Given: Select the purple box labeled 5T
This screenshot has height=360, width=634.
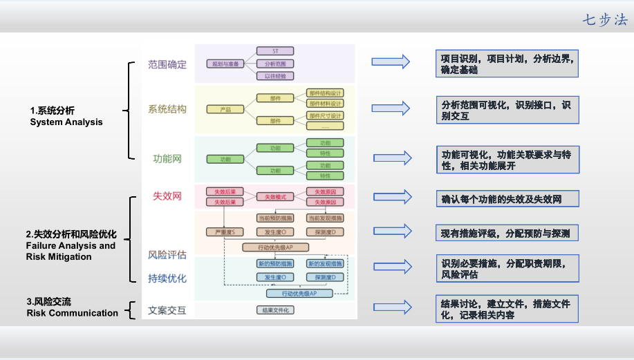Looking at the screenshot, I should click(x=275, y=51).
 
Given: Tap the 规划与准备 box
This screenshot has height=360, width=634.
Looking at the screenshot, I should click(x=225, y=64).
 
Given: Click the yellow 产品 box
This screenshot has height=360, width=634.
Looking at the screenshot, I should click(x=225, y=109).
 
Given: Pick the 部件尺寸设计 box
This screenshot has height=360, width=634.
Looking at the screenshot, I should click(x=325, y=115).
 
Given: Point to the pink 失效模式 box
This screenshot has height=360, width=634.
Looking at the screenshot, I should click(x=275, y=197).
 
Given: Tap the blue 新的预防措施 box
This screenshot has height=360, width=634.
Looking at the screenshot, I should click(x=275, y=264).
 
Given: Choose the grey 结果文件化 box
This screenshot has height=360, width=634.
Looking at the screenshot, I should click(x=275, y=310).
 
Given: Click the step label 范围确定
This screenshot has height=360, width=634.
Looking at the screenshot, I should click(x=167, y=64).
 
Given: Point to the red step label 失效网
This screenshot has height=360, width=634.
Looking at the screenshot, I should click(x=167, y=196).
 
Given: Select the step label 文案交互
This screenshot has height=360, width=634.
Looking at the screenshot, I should click(x=167, y=310).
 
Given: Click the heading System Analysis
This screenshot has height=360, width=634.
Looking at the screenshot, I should click(x=66, y=122).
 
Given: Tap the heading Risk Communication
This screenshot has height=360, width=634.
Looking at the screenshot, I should click(x=73, y=313).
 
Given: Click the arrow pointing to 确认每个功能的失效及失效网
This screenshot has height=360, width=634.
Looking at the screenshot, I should click(x=392, y=197).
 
